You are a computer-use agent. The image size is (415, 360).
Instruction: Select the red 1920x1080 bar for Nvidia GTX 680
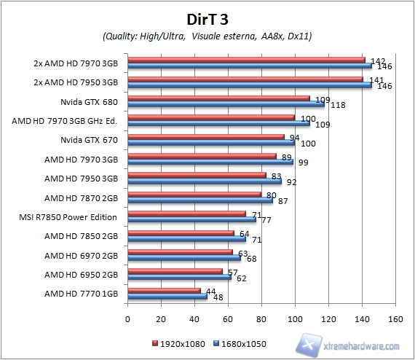(218, 98)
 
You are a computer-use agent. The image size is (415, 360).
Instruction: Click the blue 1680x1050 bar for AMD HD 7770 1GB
(167, 297)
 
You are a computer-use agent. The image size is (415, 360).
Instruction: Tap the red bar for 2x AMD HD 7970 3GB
(246, 60)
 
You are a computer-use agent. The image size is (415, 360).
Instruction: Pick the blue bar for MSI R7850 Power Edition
(191, 219)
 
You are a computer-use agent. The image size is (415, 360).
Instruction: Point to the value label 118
(337, 105)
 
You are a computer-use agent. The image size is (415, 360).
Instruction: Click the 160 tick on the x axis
(395, 318)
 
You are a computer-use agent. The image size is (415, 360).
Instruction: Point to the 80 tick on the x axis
(261, 318)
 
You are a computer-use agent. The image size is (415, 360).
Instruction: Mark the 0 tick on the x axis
(127, 318)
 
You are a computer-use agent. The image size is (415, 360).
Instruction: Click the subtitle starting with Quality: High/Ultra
(207, 36)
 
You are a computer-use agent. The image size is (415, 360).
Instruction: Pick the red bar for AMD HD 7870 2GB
(194, 195)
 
